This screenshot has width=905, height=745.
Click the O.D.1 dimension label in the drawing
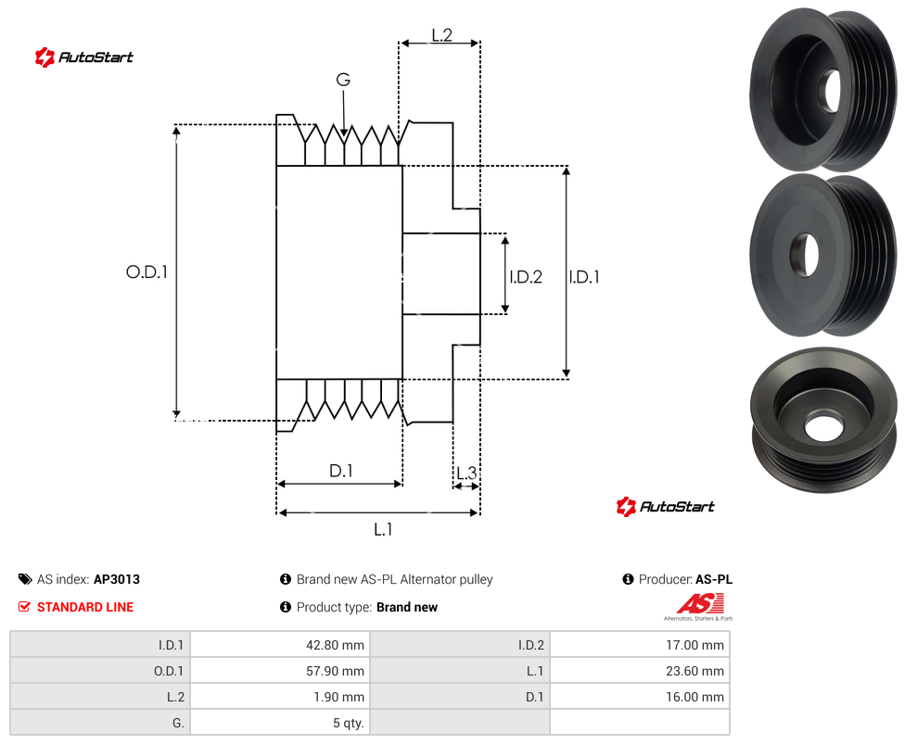pos(147,271)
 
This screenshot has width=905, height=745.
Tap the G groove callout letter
pos(343,80)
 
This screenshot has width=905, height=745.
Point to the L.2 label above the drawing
pos(441,35)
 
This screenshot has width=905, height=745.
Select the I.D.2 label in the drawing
pos(525,277)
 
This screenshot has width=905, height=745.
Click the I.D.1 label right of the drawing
pos(583,277)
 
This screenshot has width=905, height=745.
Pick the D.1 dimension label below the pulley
pos(340,471)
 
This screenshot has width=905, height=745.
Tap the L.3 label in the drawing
pos(466,473)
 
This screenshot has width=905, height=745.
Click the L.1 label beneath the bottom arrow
pos(383,529)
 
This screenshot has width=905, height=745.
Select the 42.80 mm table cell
pos(335,645)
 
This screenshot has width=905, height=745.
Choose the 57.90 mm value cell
pos(335,671)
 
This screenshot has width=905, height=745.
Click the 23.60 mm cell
pos(695,671)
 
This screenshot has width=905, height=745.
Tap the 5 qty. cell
pos(348,723)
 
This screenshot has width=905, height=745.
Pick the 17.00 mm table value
pos(695,645)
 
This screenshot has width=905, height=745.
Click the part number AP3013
pos(117,579)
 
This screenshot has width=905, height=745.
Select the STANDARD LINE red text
pos(85,607)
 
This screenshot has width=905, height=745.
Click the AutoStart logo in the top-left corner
pos(83,57)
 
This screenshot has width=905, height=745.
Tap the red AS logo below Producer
pos(699,606)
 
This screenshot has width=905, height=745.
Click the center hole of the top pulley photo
pos(832,91)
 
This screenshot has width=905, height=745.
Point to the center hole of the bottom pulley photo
pos(823,426)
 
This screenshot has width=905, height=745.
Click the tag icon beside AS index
pos(25,579)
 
